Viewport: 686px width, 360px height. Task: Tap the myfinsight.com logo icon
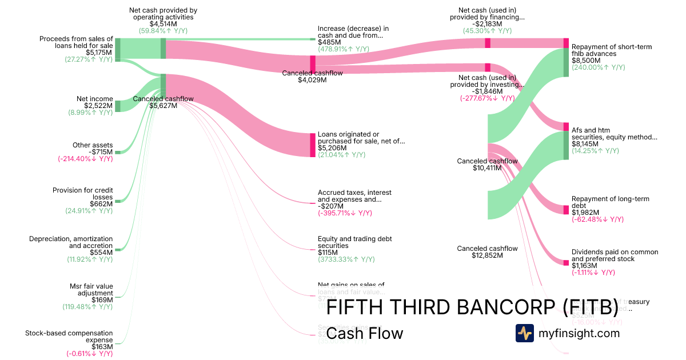tap(524, 333)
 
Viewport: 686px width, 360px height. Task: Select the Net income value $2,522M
tap(98, 106)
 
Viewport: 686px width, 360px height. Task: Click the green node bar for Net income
tap(118, 106)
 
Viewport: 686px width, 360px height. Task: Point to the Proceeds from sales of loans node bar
tap(118, 49)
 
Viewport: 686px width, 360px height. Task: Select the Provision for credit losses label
tap(83, 194)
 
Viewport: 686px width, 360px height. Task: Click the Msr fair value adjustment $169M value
tap(102, 299)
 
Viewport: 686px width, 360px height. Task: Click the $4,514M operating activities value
tap(163, 23)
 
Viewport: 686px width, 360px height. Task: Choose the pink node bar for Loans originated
tap(313, 145)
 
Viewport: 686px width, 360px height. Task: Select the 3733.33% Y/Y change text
tap(346, 259)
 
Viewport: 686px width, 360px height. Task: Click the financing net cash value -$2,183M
tap(487, 23)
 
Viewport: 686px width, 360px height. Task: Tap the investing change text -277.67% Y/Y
tap(487, 98)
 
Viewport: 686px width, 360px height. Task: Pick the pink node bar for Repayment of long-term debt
tap(566, 206)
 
